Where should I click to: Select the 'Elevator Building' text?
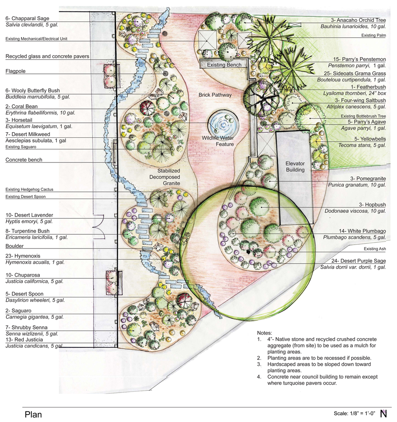point(295,166)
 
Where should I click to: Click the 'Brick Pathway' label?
point(215,95)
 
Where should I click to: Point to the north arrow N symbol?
point(384,413)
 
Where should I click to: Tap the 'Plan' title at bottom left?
point(33,414)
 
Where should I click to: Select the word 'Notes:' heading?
point(265,333)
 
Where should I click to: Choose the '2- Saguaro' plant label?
point(19,310)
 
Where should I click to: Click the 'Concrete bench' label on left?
point(24,160)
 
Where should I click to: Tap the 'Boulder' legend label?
point(15,246)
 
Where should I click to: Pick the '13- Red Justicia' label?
point(24,340)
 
